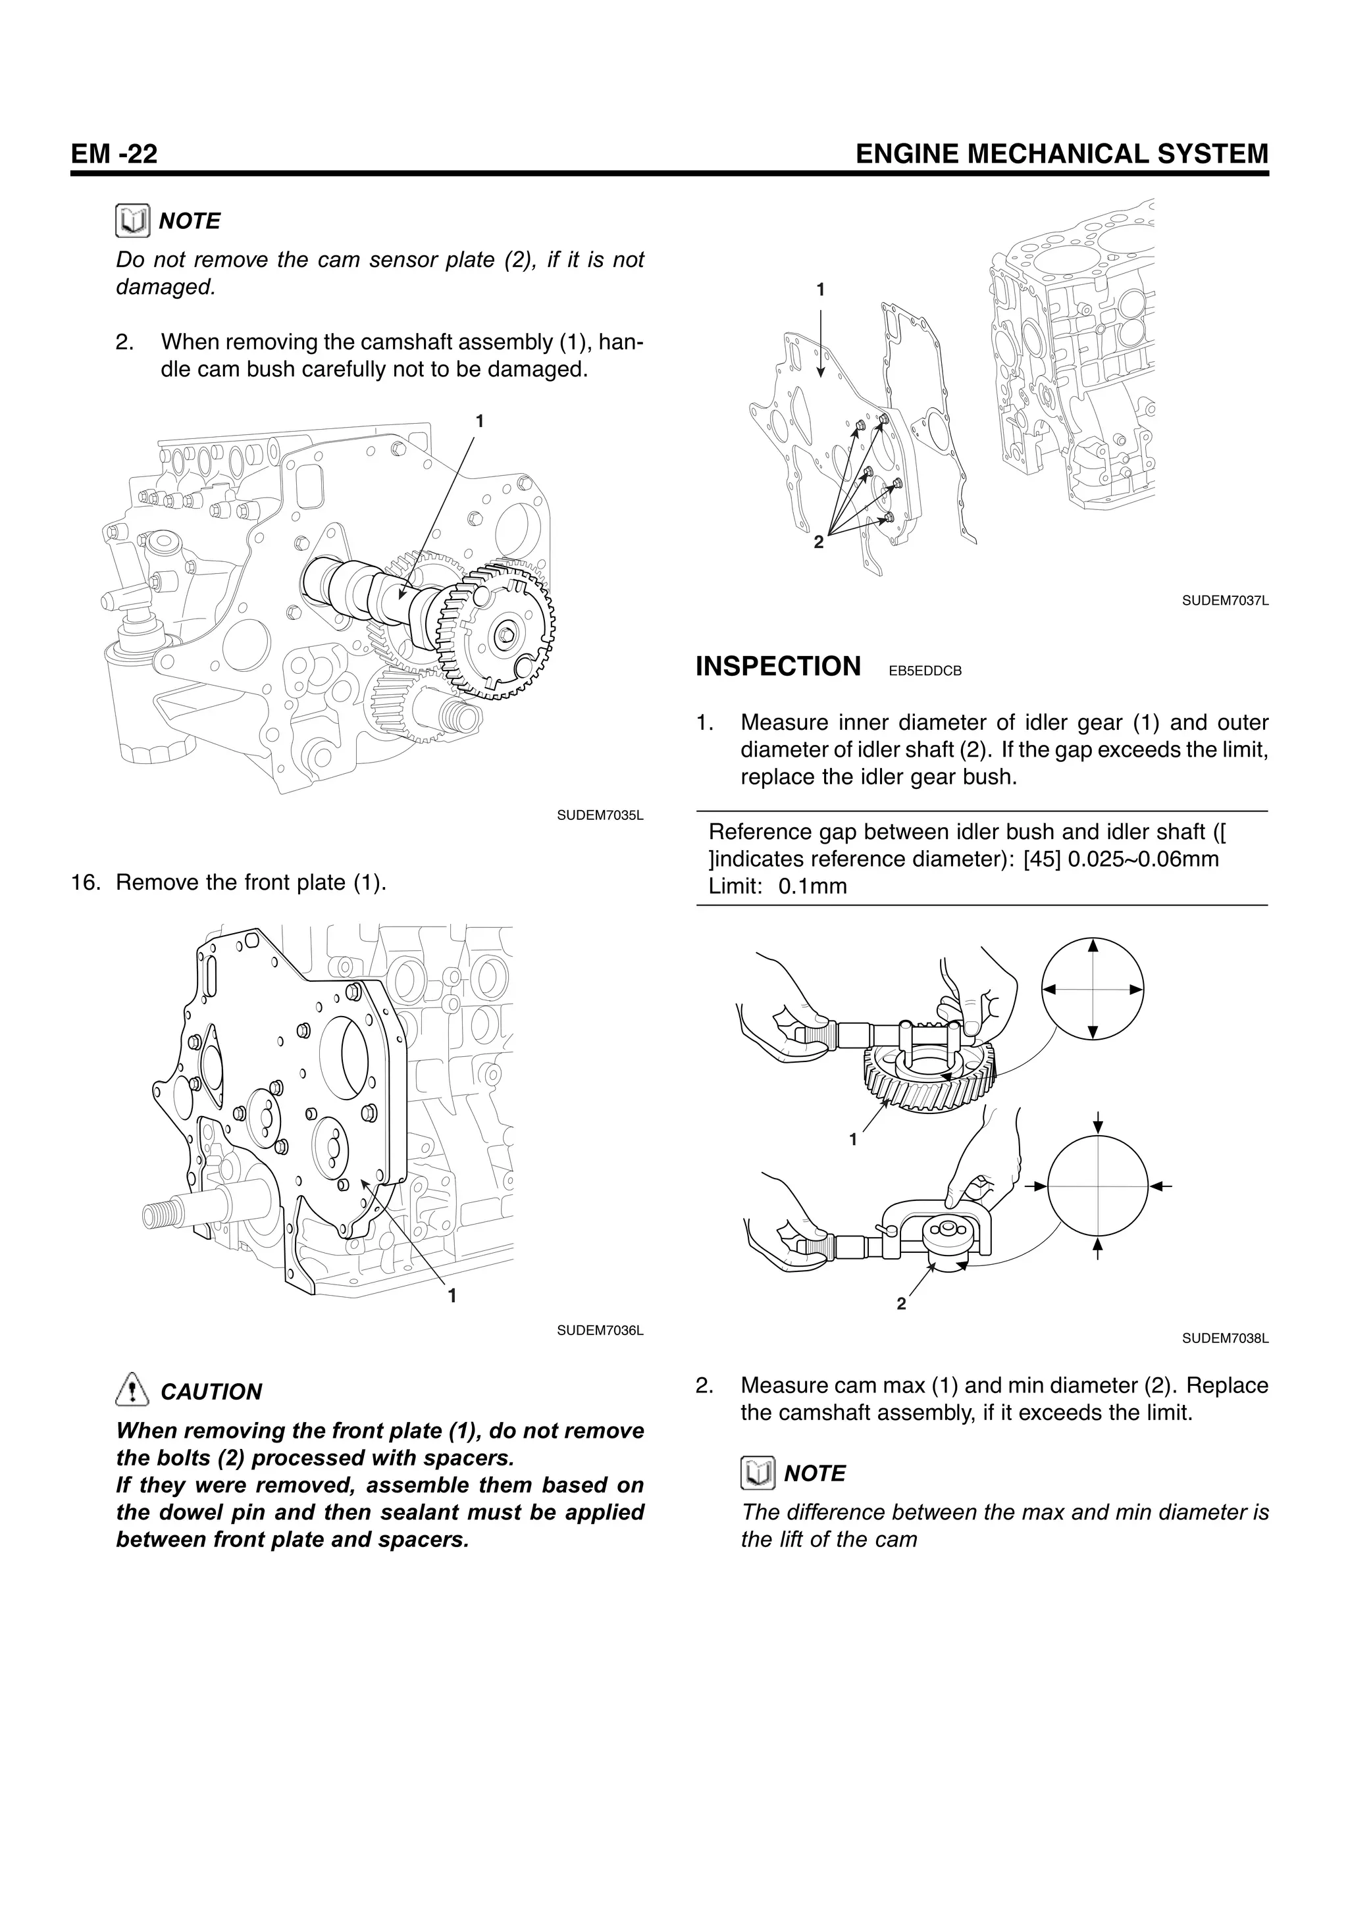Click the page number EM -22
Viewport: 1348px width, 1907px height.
tap(114, 155)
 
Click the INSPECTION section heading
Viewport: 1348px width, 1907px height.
tap(777, 667)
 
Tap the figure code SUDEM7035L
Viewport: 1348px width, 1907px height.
tap(600, 815)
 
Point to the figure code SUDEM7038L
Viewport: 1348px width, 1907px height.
tap(1225, 1338)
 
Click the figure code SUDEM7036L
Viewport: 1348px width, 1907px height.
tap(600, 1331)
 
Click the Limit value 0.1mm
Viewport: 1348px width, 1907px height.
tap(812, 886)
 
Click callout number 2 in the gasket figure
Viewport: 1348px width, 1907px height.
tap(819, 542)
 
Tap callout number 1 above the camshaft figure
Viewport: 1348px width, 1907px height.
tap(479, 421)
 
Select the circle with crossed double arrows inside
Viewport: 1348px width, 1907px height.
tap(1092, 988)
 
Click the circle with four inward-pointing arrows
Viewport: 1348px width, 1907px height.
tap(1097, 1186)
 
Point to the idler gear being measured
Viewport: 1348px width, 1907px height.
tap(930, 1080)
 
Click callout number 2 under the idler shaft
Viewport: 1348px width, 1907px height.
tap(901, 1304)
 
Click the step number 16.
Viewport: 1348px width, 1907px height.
tap(86, 882)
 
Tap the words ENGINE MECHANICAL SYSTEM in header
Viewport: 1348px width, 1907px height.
tap(1062, 155)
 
